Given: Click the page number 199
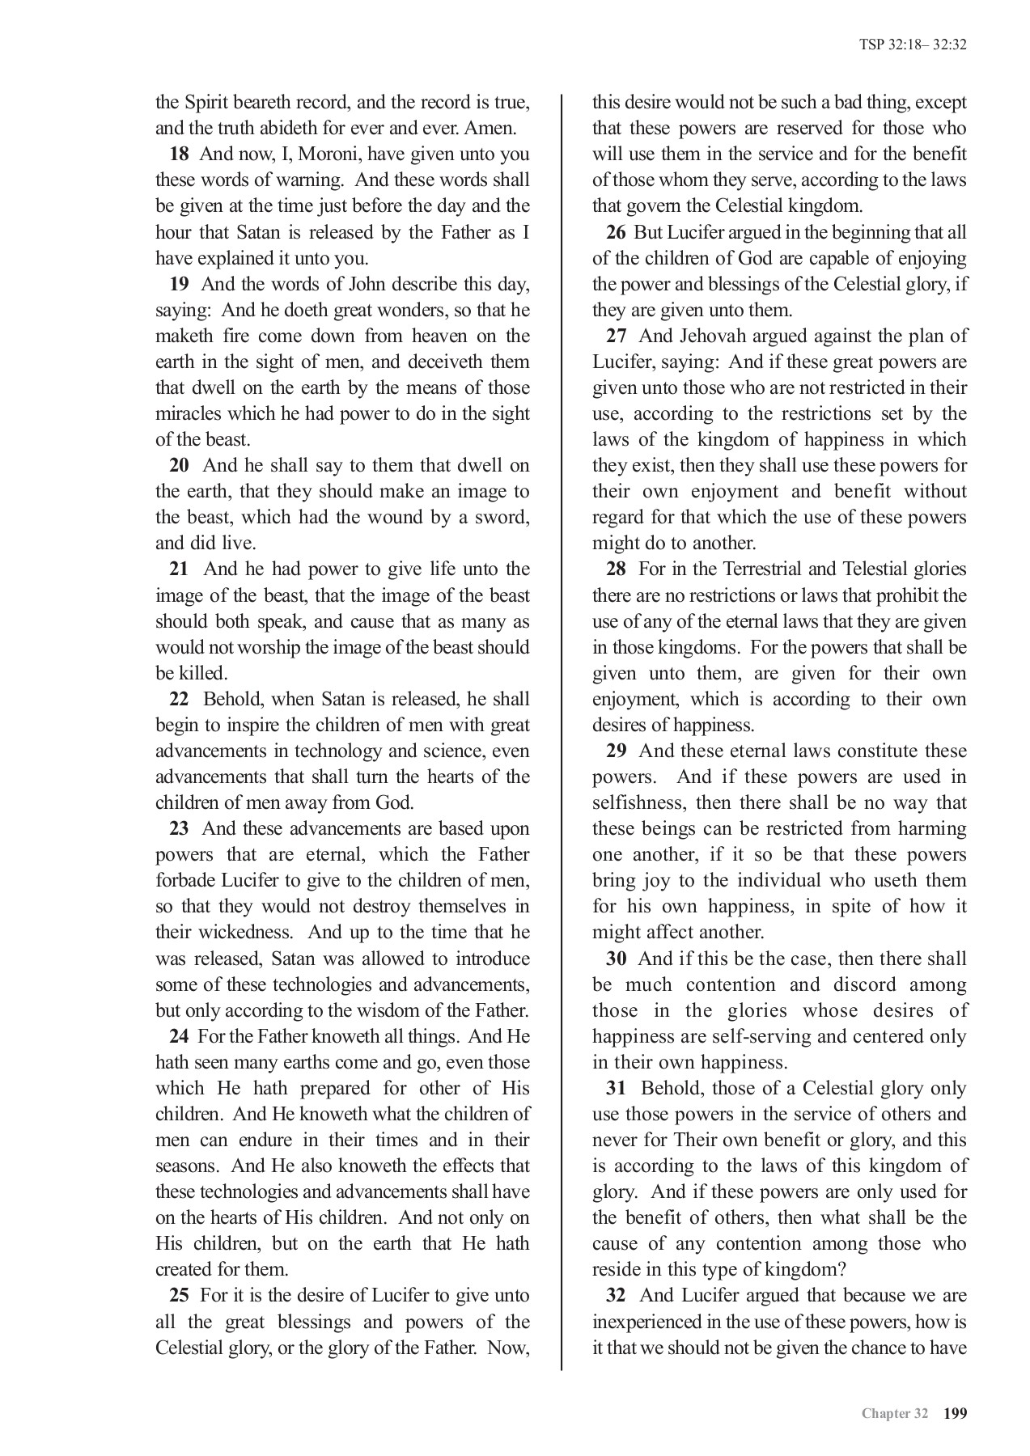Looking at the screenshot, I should [x=955, y=1414].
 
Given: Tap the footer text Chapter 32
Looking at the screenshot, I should [x=894, y=1414].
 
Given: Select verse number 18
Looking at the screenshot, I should [x=179, y=154].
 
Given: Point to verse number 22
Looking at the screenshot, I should [x=179, y=699].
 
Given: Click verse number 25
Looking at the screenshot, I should [x=179, y=1295].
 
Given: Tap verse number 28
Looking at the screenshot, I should [x=616, y=569].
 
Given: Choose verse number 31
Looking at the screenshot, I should [x=616, y=1088].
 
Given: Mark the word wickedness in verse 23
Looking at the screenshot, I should [x=242, y=932].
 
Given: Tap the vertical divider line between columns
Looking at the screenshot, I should [x=562, y=728].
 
